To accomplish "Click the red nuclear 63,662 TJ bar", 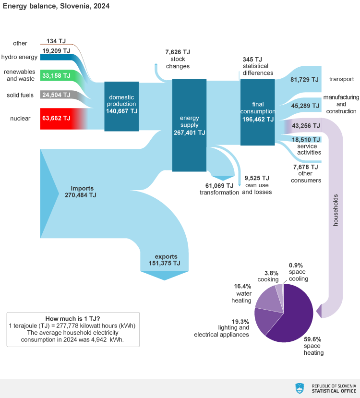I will click(x=58, y=118).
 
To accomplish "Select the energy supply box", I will click(x=189, y=125).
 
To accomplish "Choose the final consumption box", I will click(x=257, y=112).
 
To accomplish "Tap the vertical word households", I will click(x=336, y=210).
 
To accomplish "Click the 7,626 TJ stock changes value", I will click(x=178, y=52).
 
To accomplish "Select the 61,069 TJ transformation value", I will click(x=219, y=185).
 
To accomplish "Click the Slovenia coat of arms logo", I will click(x=300, y=388).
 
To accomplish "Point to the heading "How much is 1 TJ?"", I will click(x=72, y=318).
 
